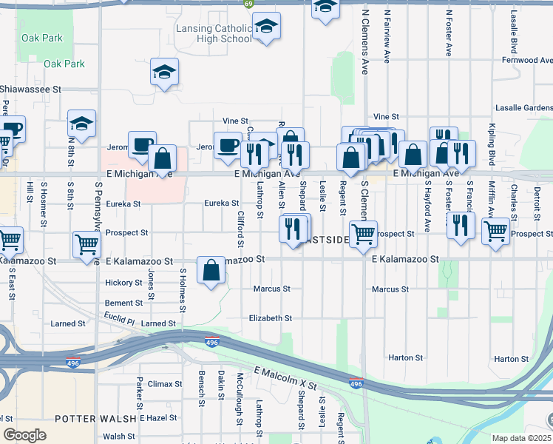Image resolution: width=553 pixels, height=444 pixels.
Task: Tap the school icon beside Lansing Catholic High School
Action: coord(266,27)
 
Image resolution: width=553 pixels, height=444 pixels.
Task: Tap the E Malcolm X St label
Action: coord(285,377)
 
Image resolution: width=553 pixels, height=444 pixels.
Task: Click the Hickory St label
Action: coord(123,283)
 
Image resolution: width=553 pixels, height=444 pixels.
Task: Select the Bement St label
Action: coord(123,303)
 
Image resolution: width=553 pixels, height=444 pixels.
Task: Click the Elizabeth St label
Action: coord(271,318)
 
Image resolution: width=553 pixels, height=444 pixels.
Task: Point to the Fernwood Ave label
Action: coord(527,60)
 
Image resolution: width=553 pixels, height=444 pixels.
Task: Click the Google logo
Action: coord(24,435)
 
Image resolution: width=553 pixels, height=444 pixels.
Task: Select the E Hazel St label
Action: coord(152,418)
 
